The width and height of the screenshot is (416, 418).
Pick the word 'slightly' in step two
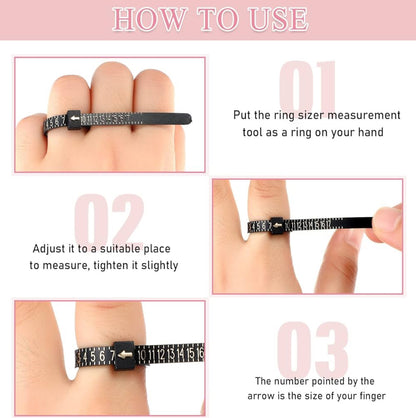tap(161, 265)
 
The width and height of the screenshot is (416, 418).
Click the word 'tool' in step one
tap(252, 132)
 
